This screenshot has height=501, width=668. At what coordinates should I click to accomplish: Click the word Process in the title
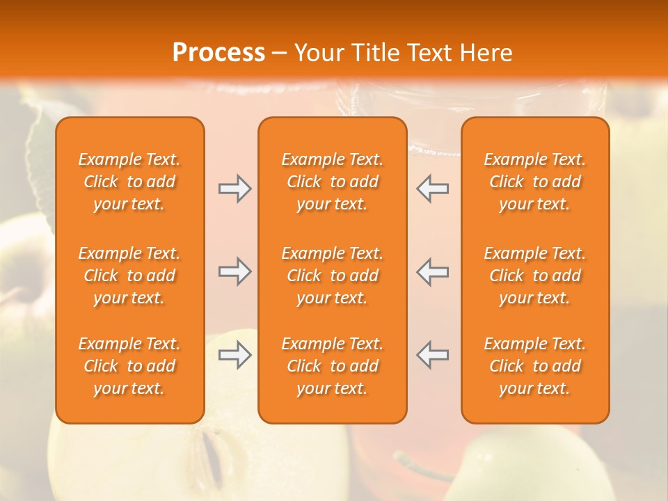tap(218, 53)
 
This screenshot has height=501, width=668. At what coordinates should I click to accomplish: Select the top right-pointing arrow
tap(235, 189)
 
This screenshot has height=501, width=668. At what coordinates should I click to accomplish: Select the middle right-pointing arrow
tap(235, 271)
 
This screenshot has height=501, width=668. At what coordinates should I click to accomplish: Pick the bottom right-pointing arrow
tap(235, 355)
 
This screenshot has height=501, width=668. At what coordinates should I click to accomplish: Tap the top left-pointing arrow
tap(432, 189)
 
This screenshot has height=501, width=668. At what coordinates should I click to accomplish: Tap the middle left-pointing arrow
tap(432, 271)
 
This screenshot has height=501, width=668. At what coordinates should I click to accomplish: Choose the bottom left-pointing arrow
tap(432, 355)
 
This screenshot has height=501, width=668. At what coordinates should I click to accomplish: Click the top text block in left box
tap(129, 182)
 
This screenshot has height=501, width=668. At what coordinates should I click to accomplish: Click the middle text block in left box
tap(129, 276)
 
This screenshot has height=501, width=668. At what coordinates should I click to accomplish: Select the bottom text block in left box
tap(129, 366)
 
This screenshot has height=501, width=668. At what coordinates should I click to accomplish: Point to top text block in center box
tap(333, 182)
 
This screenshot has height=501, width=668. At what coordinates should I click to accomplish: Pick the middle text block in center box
tap(333, 276)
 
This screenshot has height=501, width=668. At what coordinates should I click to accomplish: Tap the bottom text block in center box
tap(333, 366)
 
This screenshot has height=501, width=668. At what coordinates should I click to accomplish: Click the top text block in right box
tap(535, 182)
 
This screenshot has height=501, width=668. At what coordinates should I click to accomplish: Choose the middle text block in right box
tap(535, 276)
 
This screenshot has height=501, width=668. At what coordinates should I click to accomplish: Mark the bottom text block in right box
tap(535, 366)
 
